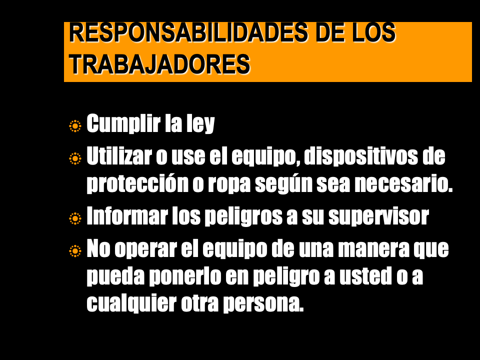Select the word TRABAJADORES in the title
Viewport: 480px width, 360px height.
pos(160,64)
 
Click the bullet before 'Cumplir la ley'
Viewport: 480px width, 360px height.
pos(75,126)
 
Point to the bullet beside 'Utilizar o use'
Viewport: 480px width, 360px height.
pos(75,158)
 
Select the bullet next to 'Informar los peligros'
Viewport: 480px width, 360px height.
pos(75,218)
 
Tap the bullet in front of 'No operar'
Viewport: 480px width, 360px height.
pos(75,251)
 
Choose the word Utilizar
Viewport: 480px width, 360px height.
pos(119,156)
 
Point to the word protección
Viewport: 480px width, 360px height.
pos(137,183)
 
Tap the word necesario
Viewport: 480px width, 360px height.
pos(403,183)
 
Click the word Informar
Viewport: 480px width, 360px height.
pos(127,216)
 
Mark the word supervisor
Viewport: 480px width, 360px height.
pos(378,216)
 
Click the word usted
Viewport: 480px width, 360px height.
pos(365,276)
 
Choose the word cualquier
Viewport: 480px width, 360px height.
pos(131,304)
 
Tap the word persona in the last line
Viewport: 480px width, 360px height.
pos(263,305)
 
